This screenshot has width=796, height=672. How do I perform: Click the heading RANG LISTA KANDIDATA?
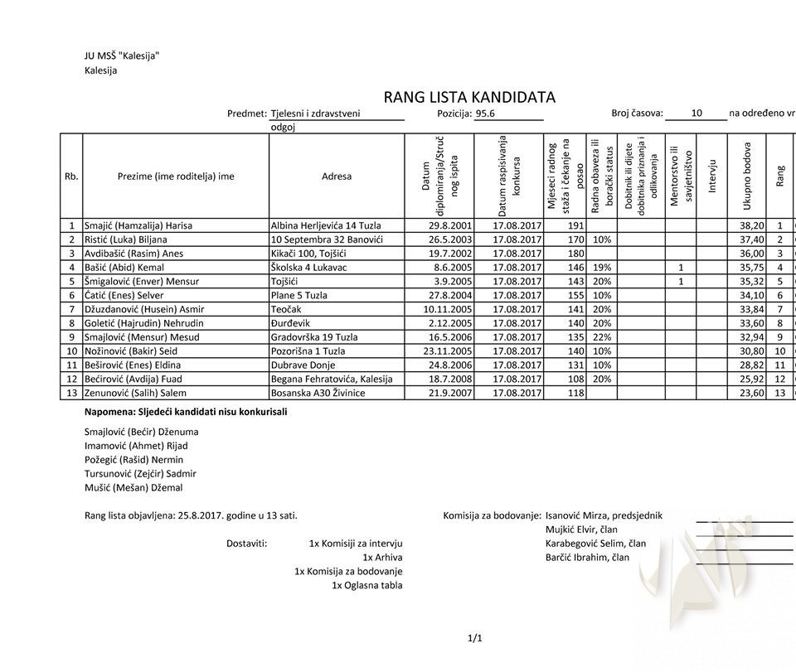tap(469, 97)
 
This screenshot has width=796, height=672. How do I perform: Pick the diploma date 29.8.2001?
tap(450, 225)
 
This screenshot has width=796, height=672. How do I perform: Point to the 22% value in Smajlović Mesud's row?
tap(602, 336)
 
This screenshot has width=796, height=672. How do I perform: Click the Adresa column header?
tap(337, 176)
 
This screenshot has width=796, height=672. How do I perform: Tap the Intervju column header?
tap(711, 176)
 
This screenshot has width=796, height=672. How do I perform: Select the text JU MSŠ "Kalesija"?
tap(122, 56)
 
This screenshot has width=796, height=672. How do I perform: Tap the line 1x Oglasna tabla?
tap(367, 585)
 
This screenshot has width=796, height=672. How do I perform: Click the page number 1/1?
tap(474, 637)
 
